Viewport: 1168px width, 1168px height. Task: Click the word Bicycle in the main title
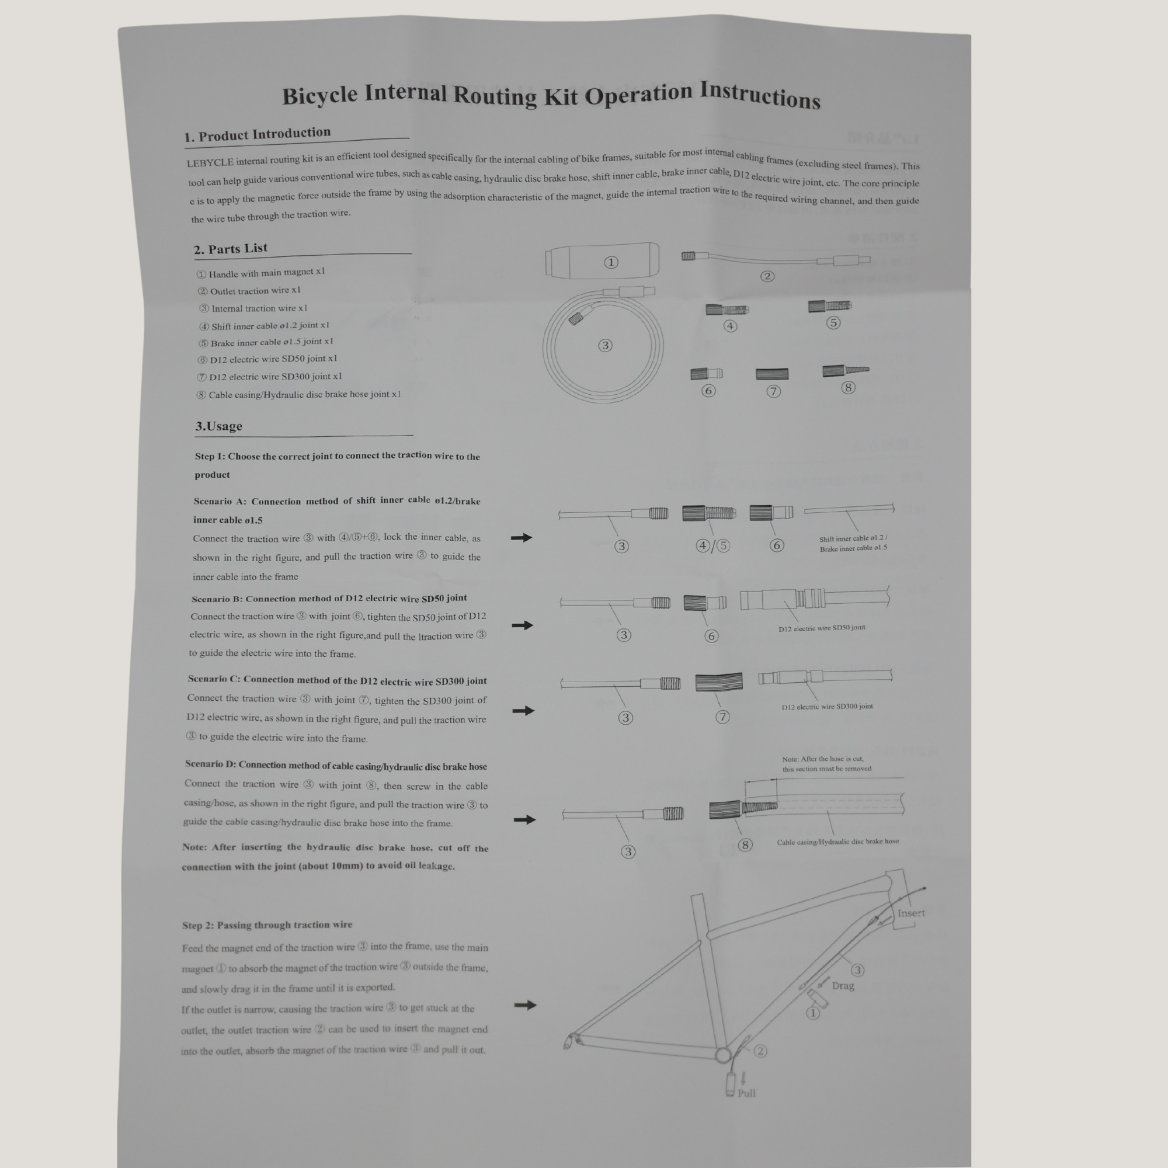(x=319, y=96)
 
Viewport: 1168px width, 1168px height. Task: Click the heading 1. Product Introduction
(x=258, y=134)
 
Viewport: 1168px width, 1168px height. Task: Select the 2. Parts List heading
(x=230, y=248)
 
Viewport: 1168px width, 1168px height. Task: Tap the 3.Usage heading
(x=218, y=426)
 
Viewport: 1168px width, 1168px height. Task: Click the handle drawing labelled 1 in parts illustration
(x=602, y=261)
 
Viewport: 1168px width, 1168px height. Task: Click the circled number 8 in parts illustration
(x=848, y=388)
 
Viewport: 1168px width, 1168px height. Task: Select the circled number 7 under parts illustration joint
(x=773, y=391)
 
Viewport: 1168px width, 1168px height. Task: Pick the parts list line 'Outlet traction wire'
(x=249, y=291)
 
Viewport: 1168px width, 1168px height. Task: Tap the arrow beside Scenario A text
(x=521, y=537)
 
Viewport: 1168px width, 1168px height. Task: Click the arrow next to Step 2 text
(x=525, y=1004)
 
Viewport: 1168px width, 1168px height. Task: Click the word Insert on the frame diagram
(x=910, y=913)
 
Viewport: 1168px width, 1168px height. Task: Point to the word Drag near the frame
(x=843, y=985)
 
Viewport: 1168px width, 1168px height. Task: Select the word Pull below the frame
(x=746, y=1093)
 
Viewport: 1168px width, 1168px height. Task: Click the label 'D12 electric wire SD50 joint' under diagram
(x=822, y=628)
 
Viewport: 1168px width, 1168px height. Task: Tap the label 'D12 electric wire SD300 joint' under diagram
(x=827, y=706)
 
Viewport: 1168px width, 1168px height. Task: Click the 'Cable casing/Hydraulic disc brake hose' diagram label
(x=837, y=842)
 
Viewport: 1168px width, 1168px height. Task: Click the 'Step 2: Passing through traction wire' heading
(x=267, y=925)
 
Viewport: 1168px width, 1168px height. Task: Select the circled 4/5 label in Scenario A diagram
(x=712, y=546)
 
